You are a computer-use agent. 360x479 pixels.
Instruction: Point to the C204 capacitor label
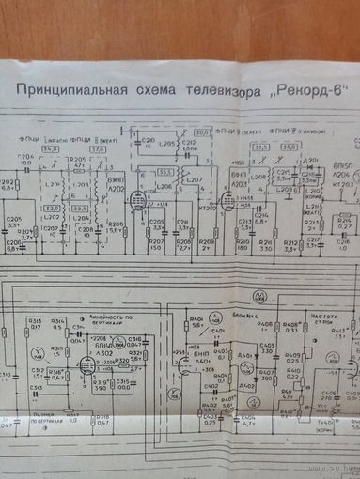23,156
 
